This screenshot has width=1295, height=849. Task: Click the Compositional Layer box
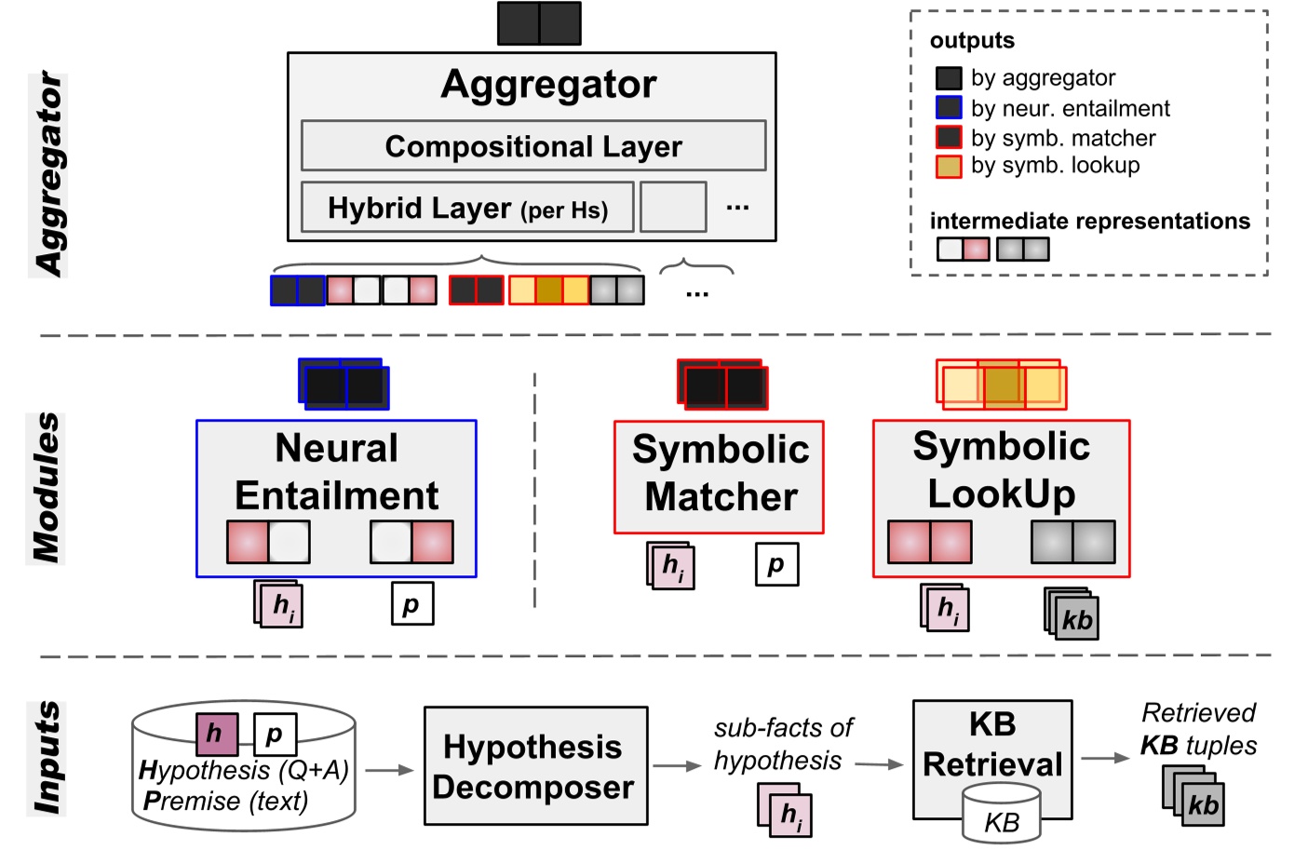click(x=533, y=146)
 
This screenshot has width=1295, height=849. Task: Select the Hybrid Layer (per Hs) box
click(x=467, y=208)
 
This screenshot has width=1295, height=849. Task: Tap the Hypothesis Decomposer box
click(x=535, y=766)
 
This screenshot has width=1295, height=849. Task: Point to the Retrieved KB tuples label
click(x=1198, y=729)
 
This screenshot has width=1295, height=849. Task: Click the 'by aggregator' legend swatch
click(x=948, y=78)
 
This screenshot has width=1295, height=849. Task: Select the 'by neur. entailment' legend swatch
click(x=948, y=108)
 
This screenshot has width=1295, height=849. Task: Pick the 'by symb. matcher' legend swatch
click(x=948, y=138)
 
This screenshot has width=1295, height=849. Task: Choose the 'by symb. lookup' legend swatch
click(x=948, y=166)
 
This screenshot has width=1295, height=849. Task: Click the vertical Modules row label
click(x=46, y=488)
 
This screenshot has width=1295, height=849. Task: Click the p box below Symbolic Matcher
click(x=776, y=564)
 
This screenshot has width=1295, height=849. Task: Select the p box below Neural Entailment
click(x=411, y=603)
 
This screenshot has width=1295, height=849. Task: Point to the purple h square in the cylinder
click(x=216, y=734)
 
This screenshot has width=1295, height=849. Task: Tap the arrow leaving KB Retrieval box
click(x=1104, y=758)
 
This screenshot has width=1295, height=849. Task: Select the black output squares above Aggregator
click(x=539, y=23)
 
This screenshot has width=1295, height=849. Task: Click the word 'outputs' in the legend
click(x=972, y=41)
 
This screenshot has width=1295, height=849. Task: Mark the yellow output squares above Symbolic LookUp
click(x=1002, y=384)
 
